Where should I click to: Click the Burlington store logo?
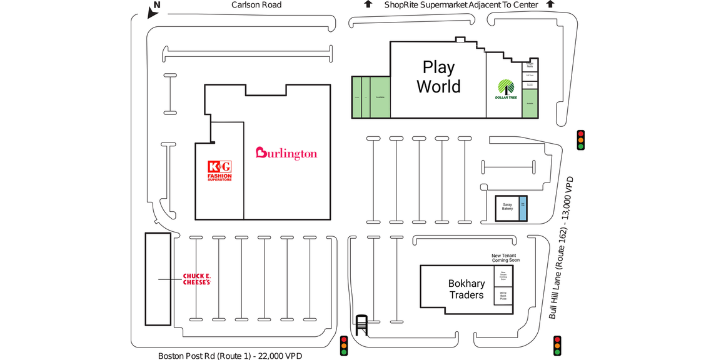tap(286, 153)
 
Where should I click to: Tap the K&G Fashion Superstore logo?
tap(219, 171)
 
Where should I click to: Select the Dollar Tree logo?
tap(506, 89)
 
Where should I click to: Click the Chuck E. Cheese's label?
tap(196, 279)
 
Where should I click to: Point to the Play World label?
tap(438, 76)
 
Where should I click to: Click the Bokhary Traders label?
tap(466, 289)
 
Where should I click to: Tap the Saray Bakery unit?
tap(507, 206)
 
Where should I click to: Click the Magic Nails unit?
tap(530, 64)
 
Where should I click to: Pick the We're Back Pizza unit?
tap(503, 296)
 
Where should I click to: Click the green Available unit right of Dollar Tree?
tap(530, 103)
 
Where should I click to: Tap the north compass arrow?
tap(152, 11)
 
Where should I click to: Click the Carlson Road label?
tap(256, 5)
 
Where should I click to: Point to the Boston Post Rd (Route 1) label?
tap(229, 356)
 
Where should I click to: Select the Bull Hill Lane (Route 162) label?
tap(561, 247)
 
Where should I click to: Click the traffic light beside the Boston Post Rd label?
tap(343, 346)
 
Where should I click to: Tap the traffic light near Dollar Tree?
tap(580, 139)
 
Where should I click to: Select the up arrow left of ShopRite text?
tap(368, 4)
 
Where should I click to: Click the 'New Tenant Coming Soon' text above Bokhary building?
tap(505, 258)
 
